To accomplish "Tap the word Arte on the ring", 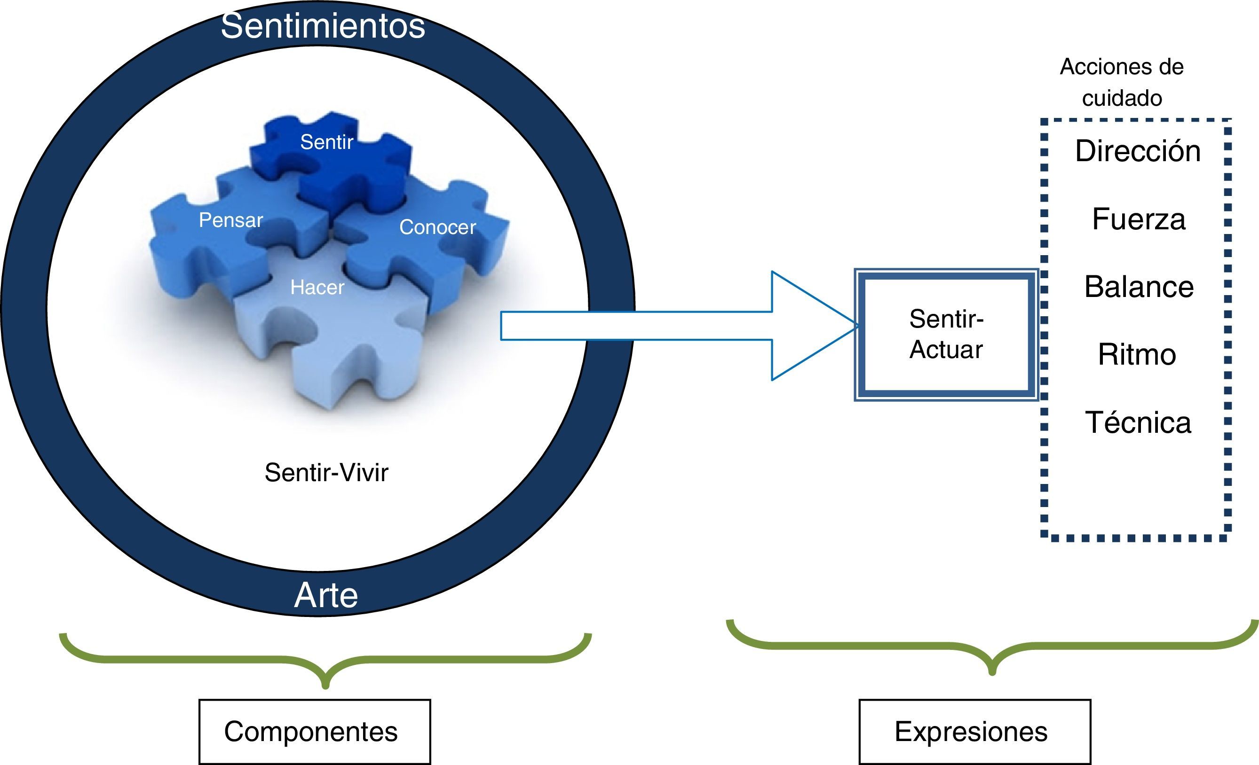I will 326,595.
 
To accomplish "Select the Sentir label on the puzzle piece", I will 326,142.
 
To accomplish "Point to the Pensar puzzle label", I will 230,220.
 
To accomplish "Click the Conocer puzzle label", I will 437,227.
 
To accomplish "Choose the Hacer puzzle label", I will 317,288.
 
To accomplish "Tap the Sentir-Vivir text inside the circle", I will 326,472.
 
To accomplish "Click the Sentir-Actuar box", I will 946,335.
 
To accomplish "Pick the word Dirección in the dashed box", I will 1138,151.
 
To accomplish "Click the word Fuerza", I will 1139,219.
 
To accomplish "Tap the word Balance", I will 1139,287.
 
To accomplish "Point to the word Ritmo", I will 1137,354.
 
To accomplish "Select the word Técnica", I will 1138,422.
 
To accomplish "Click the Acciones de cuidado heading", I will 1122,82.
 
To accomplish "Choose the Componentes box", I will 314,731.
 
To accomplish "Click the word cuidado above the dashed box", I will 1122,98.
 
